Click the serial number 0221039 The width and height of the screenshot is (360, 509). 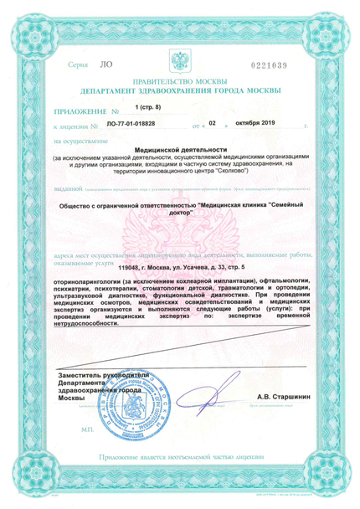click(292, 64)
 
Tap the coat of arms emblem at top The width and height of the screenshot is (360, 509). click(181, 61)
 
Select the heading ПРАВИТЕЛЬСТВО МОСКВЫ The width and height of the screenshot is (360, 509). click(180, 85)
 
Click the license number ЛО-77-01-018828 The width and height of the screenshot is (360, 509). click(136, 124)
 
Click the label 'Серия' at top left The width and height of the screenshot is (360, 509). click(78, 64)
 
